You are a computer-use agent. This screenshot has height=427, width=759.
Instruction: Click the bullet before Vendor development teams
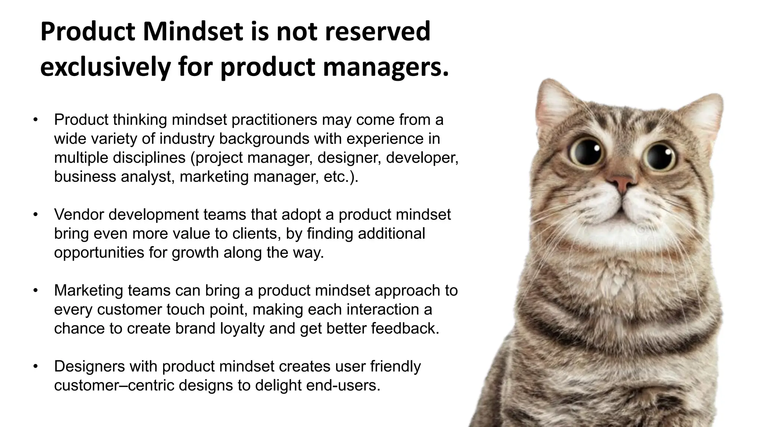36,215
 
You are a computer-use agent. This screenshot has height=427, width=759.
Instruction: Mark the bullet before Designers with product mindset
36,366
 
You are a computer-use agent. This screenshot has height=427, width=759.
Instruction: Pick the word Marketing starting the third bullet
88,291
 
